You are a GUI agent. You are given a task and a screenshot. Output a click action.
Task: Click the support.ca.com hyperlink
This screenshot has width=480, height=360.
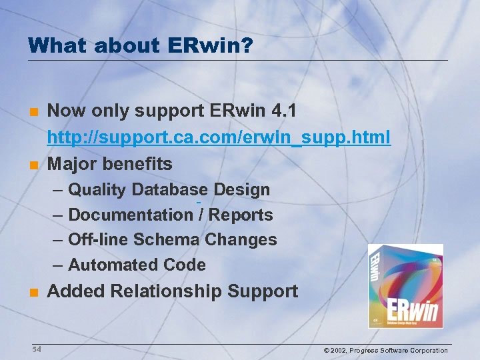[219, 138]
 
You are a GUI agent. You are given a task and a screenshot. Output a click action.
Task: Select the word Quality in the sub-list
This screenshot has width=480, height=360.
[97, 190]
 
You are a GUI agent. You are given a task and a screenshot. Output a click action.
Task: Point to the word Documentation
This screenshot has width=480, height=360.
[130, 215]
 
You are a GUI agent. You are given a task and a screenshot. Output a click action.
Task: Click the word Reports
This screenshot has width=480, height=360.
[241, 215]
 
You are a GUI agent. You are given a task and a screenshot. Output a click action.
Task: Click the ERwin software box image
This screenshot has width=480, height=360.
[405, 286]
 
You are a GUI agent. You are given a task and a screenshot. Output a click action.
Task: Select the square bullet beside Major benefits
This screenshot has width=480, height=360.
[34, 165]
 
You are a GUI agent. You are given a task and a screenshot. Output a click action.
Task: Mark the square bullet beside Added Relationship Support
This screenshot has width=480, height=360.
[34, 292]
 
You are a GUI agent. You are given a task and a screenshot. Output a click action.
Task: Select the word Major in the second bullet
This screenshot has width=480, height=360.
[71, 164]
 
